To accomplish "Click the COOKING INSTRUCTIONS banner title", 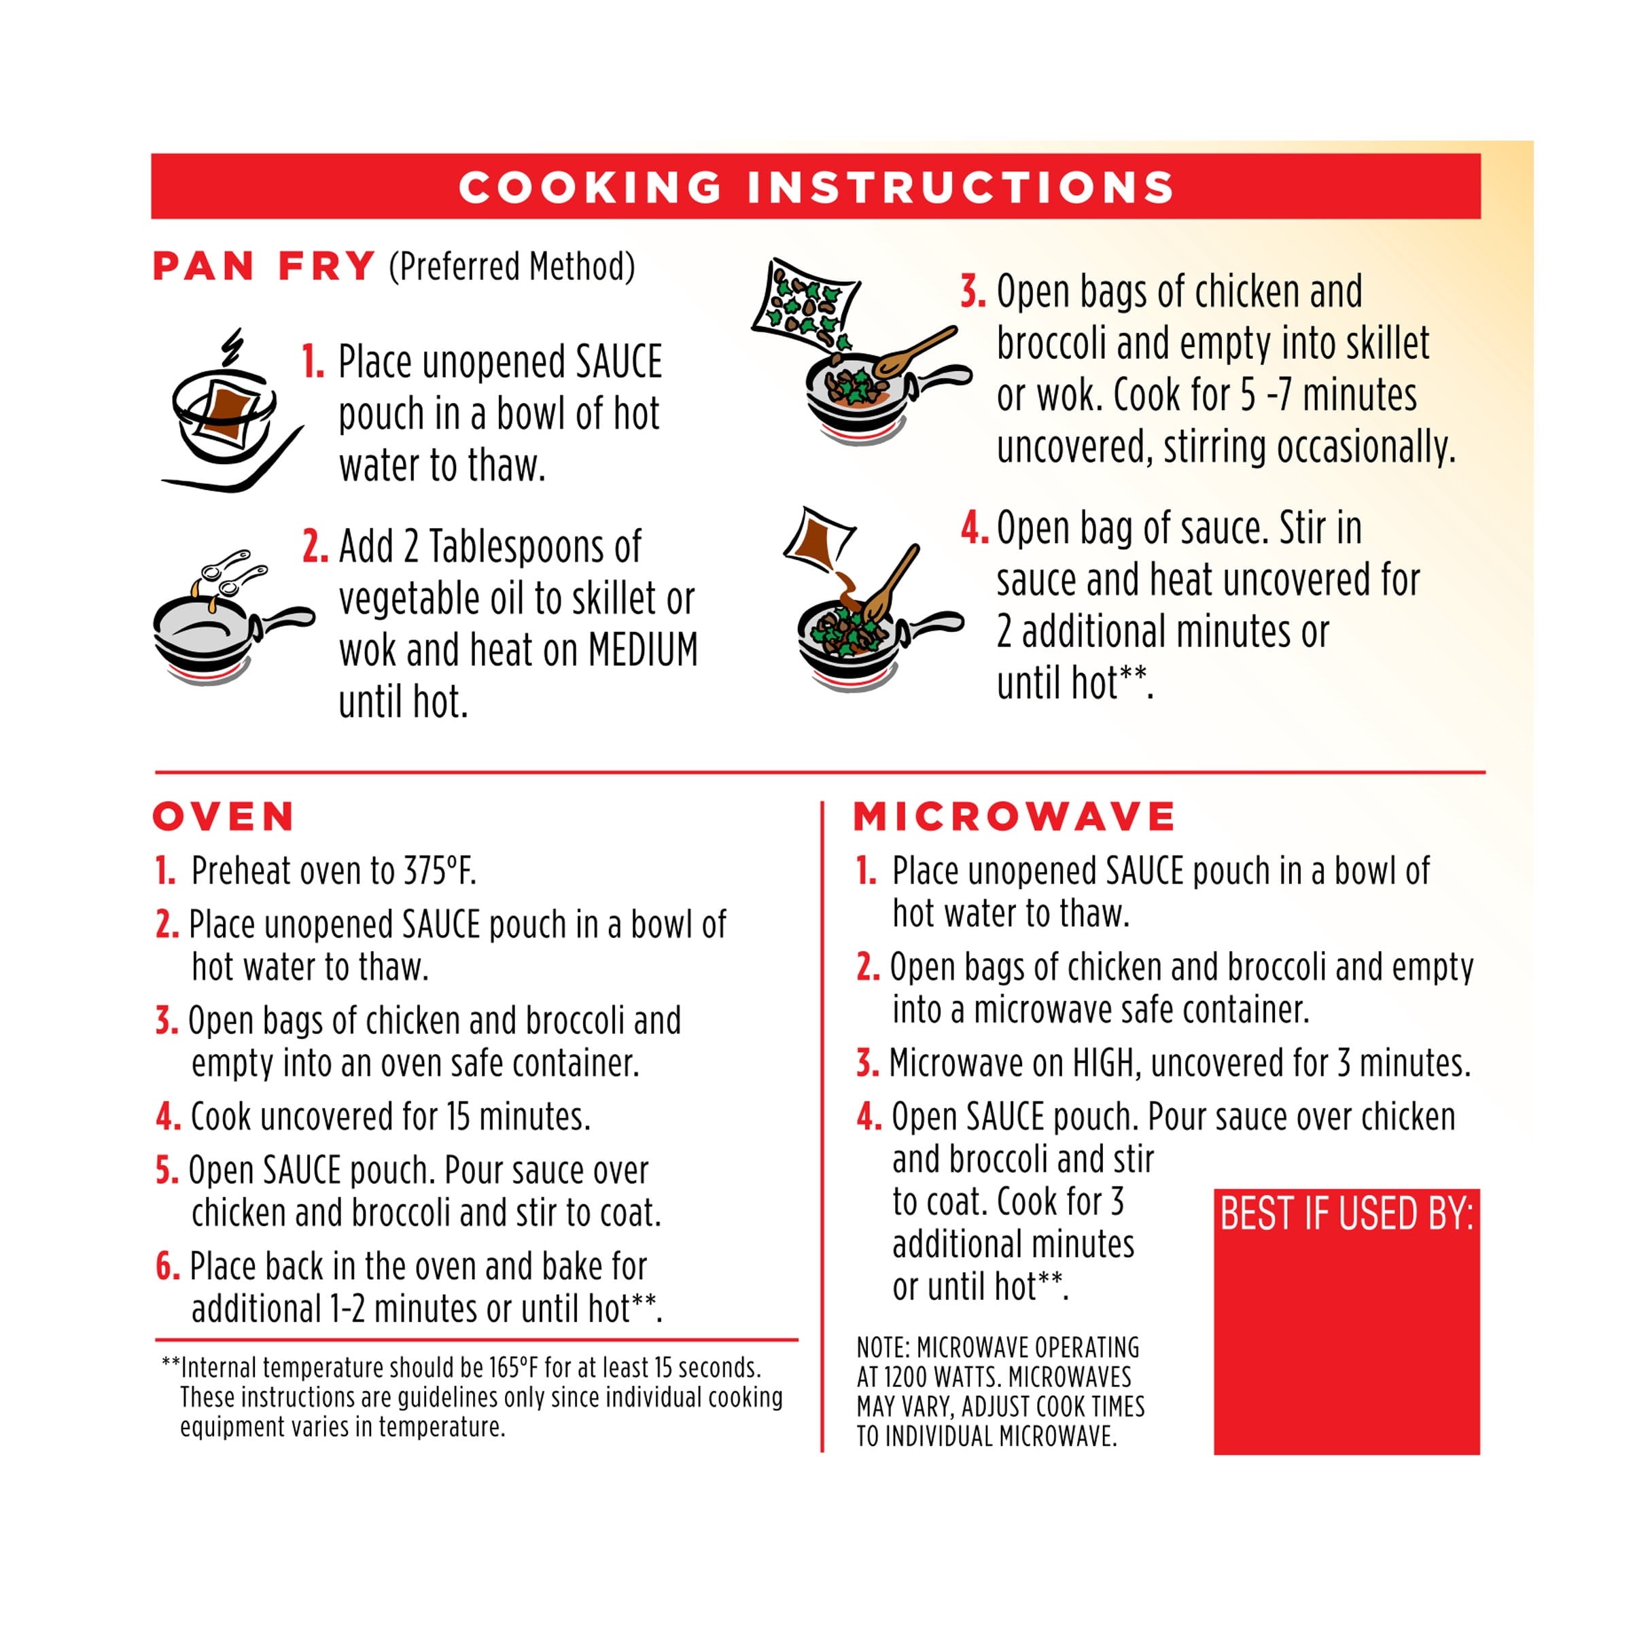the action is click(815, 187).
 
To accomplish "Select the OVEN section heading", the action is click(224, 816).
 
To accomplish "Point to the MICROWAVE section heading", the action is click(1014, 816).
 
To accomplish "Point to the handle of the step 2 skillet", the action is click(283, 620).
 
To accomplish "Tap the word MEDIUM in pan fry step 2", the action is click(644, 650).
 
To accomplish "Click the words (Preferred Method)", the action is click(512, 267).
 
